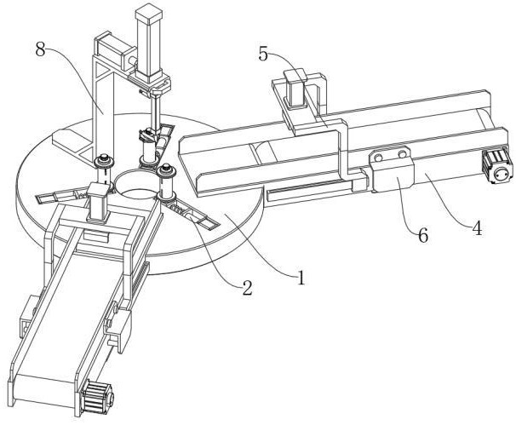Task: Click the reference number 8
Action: tap(40, 49)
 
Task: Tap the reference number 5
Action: tap(263, 54)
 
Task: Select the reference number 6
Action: tap(423, 235)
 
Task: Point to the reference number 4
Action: tap(477, 228)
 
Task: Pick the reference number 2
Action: tap(247, 288)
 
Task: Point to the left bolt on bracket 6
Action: tap(379, 157)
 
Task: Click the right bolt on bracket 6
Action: tap(402, 154)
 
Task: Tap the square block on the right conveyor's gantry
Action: tap(295, 88)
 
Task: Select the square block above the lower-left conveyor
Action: tap(98, 202)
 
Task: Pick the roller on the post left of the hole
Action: tap(104, 162)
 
